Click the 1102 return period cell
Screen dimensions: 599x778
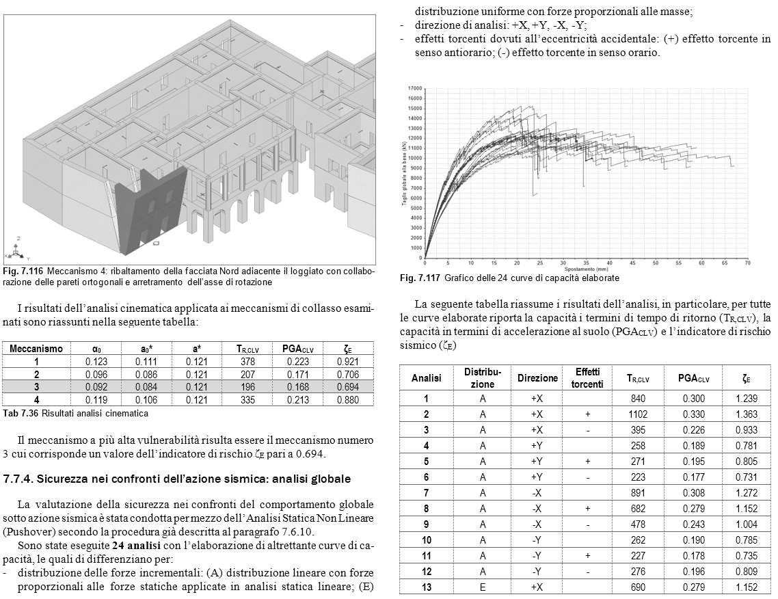click(637, 414)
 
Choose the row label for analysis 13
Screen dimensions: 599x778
click(426, 588)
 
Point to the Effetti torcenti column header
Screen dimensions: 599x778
click(588, 377)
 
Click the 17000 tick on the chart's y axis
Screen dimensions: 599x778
click(414, 89)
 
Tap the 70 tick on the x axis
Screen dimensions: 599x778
click(748, 263)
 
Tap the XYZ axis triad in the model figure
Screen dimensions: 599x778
click(18, 248)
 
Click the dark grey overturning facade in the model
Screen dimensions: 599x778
click(146, 205)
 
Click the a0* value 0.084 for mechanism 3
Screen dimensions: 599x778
click(146, 387)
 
